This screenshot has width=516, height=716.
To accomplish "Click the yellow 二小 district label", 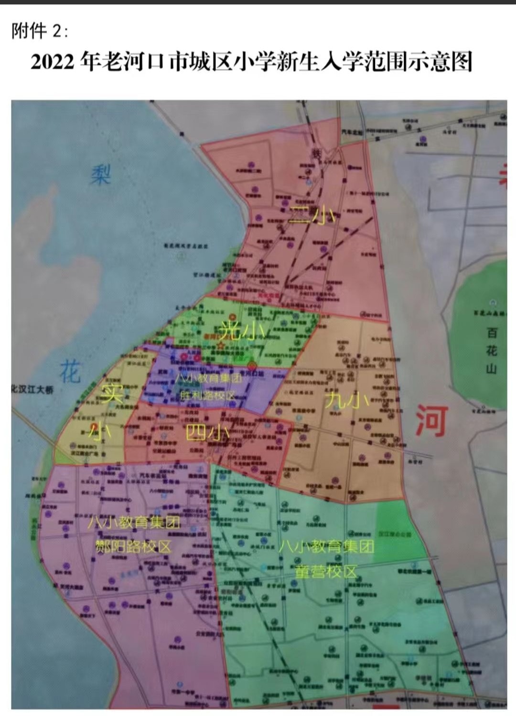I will pos(314,216).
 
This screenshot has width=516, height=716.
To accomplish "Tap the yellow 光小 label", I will pos(240,331).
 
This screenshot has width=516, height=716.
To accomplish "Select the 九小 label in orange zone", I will pos(347,400).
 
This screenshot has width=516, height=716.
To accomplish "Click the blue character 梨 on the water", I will pos(101,175).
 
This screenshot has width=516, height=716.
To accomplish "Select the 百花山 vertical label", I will pos(492,351).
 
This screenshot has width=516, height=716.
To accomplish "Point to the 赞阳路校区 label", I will pos(133,546).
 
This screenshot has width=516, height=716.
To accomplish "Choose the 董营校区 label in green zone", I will pos(326,571).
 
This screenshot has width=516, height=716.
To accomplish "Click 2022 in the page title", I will pos(53,63).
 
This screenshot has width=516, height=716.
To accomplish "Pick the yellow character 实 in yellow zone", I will pos(113,394).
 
